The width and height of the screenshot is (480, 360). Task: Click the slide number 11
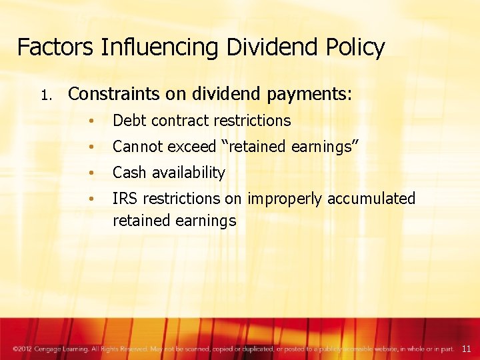[x=466, y=349]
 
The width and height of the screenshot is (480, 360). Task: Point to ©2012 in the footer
[x=22, y=349]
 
